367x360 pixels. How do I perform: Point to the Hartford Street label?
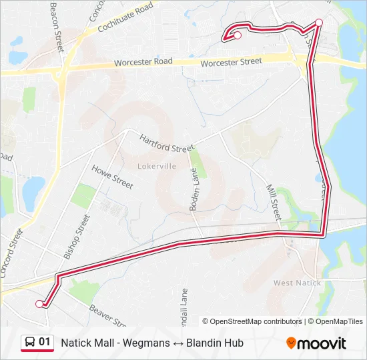[166, 143]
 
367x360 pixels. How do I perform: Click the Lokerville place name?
[157, 165]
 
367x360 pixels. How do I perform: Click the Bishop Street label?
[76, 237]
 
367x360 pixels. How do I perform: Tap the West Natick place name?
[297, 283]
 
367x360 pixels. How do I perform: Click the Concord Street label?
[11, 254]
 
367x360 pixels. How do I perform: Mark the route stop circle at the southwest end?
[39, 303]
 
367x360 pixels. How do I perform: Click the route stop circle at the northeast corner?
[319, 23]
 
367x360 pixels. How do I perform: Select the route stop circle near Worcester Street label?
[237, 35]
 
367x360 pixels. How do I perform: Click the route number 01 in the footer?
[45, 342]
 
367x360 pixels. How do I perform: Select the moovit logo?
[316, 343]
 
